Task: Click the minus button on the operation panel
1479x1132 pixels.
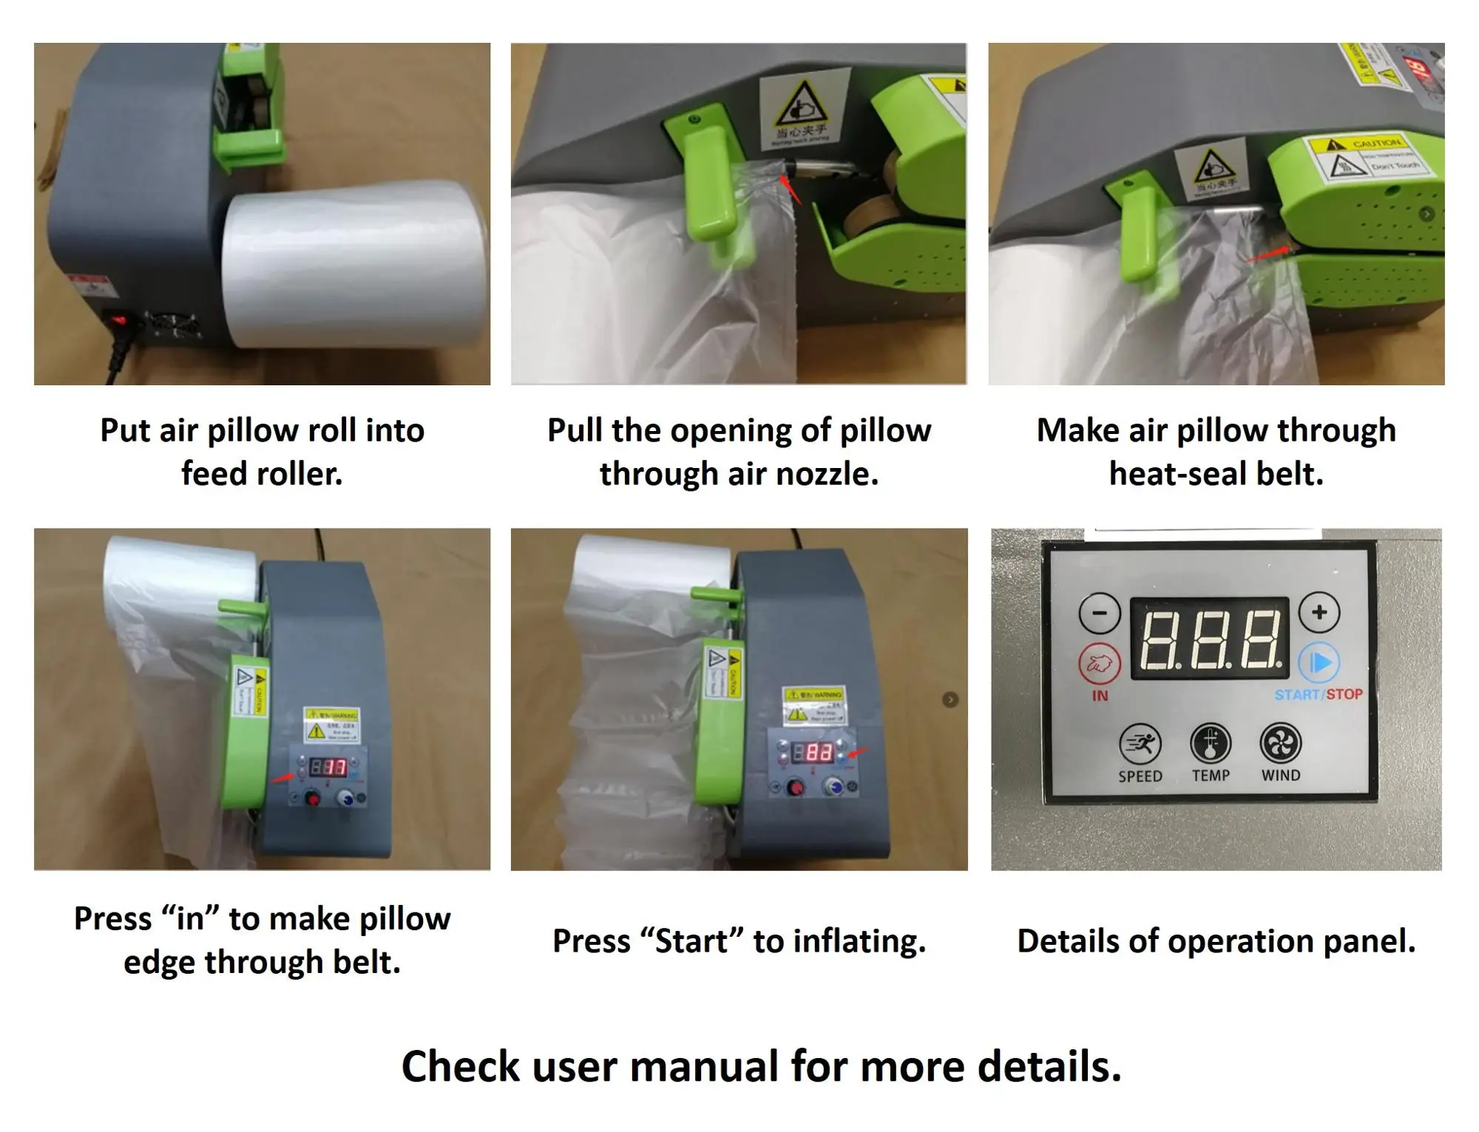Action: tap(1100, 613)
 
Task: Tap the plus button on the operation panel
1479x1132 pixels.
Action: tap(1319, 612)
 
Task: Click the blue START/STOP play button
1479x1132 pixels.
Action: tap(1320, 662)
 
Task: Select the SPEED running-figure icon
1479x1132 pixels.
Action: tap(1140, 744)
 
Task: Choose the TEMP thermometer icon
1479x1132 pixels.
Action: tap(1211, 744)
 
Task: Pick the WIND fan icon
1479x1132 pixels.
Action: tap(1281, 744)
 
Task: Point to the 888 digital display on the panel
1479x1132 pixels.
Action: tap(1210, 637)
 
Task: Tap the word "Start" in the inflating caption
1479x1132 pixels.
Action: tap(692, 941)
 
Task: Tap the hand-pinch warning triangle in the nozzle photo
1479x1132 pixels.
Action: tap(802, 105)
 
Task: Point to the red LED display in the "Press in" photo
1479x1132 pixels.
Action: tap(328, 767)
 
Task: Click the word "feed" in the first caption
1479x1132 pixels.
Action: tap(214, 474)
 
